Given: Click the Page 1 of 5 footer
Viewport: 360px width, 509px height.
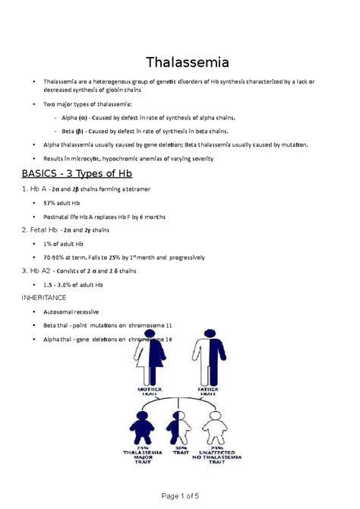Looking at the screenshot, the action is click(179, 495).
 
